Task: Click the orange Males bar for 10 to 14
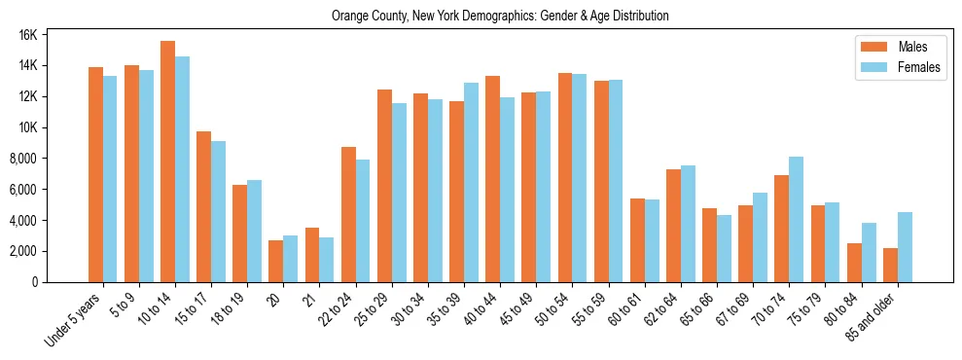click(x=167, y=162)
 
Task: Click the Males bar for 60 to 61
click(x=637, y=240)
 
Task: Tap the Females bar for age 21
click(x=327, y=260)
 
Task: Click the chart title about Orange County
click(x=500, y=17)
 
